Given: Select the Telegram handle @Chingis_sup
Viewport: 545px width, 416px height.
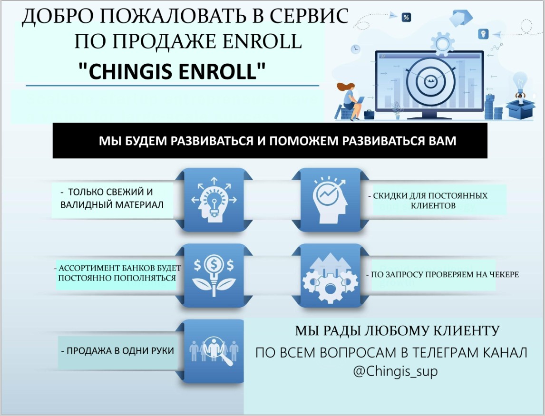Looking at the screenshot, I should [x=395, y=371].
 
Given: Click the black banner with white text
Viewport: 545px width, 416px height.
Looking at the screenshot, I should [x=270, y=141].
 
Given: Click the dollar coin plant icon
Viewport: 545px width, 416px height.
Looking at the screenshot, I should [x=213, y=275].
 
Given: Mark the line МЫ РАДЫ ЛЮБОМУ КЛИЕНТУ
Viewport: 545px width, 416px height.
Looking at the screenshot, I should [x=397, y=330].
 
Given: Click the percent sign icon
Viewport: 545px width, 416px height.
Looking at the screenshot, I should [x=406, y=18].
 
